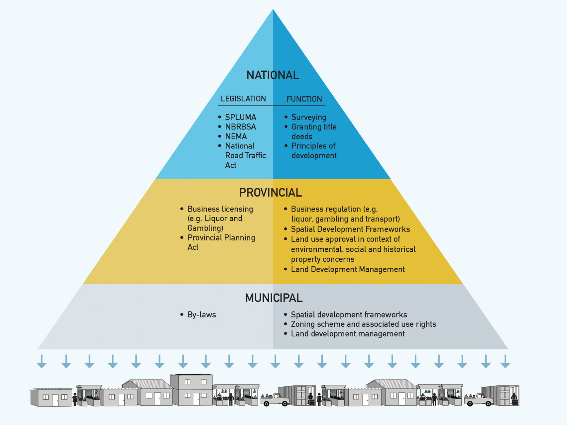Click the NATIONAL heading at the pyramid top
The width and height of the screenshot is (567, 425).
coord(273,75)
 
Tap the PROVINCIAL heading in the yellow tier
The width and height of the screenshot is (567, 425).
coord(270,193)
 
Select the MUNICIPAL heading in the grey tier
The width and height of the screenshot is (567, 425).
coord(274,298)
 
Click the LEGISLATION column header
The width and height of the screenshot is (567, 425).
coord(243,99)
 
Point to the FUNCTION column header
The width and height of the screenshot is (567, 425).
coord(304,99)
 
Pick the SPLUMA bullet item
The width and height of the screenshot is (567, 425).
coord(241,117)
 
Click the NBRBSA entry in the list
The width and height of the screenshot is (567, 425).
coord(241,127)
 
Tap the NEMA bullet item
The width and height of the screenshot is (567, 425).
coord(236,136)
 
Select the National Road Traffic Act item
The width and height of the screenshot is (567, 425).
coord(245,155)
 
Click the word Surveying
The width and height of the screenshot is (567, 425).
coord(309,117)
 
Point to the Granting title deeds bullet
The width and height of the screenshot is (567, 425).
coord(314,131)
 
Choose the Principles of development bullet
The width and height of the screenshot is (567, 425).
coord(314,151)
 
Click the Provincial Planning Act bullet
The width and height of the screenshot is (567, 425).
coord(221,242)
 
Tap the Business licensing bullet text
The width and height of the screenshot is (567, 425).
coord(220,218)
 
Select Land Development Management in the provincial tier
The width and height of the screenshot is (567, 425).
coord(348,269)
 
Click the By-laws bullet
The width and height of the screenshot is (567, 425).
coord(201,315)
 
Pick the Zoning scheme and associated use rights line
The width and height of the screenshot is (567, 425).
coord(363,324)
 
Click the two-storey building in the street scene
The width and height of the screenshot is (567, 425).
coord(191,390)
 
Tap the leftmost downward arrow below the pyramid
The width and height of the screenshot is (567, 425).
coord(42,361)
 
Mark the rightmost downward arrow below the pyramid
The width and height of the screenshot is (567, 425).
coord(505,361)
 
